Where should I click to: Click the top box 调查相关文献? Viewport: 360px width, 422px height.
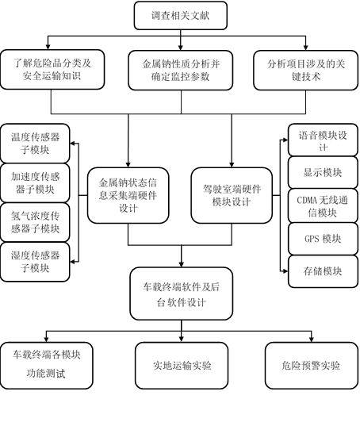(x=181, y=15)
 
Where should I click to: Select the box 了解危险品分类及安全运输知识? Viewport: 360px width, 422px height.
(x=52, y=70)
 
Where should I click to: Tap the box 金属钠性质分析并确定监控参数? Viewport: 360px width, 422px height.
(x=181, y=71)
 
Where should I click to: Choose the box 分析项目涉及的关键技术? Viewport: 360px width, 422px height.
(x=305, y=71)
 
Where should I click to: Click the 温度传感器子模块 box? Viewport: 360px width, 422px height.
(x=35, y=143)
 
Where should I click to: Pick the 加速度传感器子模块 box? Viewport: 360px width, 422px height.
(x=35, y=182)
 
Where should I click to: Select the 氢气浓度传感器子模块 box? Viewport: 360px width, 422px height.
(x=35, y=222)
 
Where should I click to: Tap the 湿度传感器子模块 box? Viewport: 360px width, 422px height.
(x=35, y=262)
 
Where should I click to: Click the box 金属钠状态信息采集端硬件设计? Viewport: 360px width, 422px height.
(x=128, y=195)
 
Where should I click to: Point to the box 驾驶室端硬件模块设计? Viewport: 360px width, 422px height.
(x=232, y=195)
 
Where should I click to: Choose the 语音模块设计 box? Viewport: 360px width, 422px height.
(x=323, y=140)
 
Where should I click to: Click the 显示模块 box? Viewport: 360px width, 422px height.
(x=323, y=172)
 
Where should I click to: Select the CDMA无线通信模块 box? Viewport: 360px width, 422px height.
(x=323, y=206)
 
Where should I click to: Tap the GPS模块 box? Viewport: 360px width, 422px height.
(x=323, y=239)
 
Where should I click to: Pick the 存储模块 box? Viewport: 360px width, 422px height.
(x=323, y=271)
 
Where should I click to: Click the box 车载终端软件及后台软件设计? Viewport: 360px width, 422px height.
(x=182, y=293)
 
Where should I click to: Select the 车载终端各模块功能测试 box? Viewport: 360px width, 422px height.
(x=47, y=366)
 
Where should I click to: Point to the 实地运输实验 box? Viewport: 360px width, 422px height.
(x=182, y=366)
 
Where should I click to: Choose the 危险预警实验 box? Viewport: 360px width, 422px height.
(x=312, y=366)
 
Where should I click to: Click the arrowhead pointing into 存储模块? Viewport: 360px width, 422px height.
(x=285, y=271)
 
